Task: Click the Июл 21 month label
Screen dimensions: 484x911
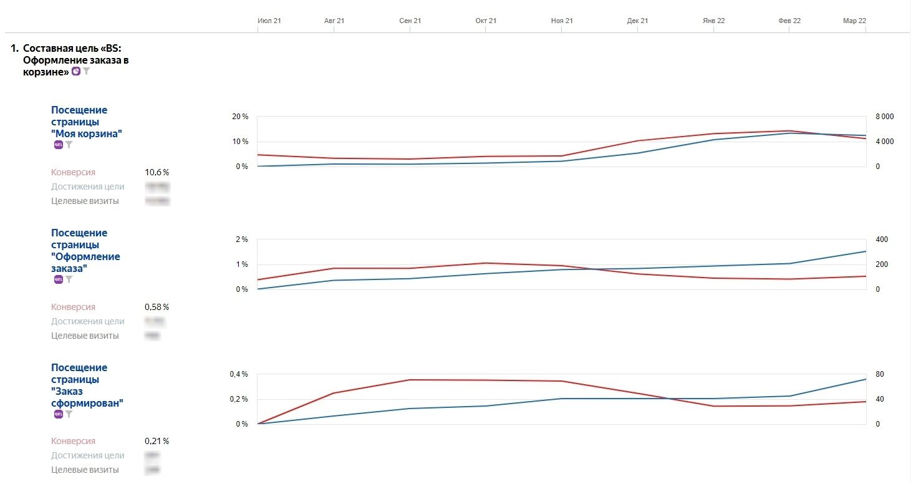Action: pos(269,21)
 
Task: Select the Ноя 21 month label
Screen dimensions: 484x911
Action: pos(561,21)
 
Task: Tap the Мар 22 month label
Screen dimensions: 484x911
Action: pos(854,21)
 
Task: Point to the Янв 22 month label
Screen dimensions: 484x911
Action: pos(713,21)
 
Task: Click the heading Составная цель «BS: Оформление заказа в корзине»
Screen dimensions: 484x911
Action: pos(75,60)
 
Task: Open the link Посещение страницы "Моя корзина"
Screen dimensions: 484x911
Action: pos(86,122)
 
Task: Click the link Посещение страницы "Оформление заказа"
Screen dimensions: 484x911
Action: pos(85,250)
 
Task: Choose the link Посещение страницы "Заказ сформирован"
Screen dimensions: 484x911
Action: pos(87,385)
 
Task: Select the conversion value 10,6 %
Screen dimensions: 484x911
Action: pos(157,172)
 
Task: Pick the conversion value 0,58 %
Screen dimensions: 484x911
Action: pos(157,307)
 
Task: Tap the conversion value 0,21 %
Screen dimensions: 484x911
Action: pos(157,441)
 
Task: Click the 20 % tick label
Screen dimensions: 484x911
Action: pos(240,117)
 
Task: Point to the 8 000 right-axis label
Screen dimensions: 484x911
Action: pos(885,117)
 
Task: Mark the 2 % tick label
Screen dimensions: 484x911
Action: pos(242,240)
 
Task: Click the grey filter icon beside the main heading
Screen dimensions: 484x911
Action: pos(87,72)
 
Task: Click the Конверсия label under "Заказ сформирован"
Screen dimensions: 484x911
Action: pos(73,441)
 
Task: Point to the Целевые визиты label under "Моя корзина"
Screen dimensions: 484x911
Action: pos(85,201)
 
